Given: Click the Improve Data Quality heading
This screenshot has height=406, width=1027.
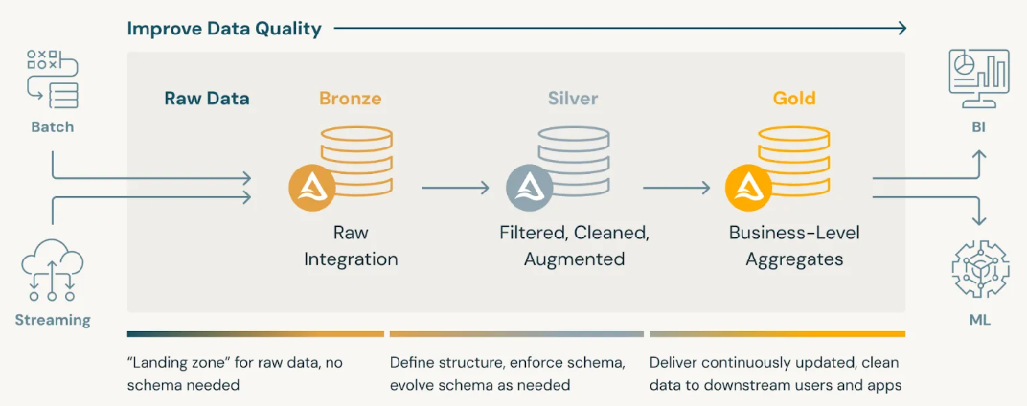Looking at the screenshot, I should click(x=224, y=29).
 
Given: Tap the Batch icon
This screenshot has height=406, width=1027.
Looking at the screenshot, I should click(x=52, y=79).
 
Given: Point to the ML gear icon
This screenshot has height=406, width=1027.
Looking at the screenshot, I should click(x=979, y=269).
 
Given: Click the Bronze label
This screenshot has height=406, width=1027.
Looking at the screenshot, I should click(x=350, y=98).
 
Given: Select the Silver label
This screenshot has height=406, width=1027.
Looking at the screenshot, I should click(x=573, y=98).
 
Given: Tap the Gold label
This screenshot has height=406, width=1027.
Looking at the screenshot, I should click(x=794, y=98).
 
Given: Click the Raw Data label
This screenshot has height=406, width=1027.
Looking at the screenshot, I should click(x=207, y=98).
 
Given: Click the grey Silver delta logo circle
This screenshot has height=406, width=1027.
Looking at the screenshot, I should click(x=529, y=188).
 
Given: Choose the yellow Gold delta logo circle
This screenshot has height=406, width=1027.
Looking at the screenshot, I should click(x=748, y=188).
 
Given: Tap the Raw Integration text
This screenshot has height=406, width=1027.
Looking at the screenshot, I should click(x=351, y=246).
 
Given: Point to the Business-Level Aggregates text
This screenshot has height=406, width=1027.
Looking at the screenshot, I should click(x=794, y=246).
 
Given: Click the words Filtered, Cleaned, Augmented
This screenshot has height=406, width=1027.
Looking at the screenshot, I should click(x=574, y=246).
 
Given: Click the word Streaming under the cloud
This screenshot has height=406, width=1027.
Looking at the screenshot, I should click(x=53, y=320).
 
